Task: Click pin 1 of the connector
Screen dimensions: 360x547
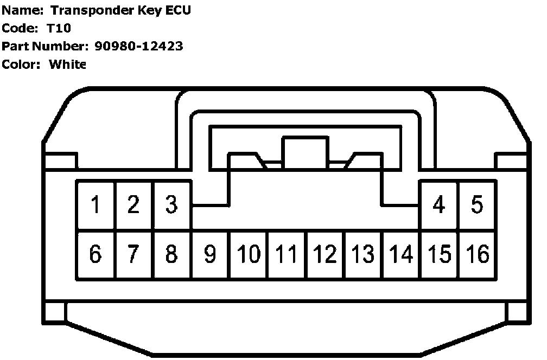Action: [96, 205]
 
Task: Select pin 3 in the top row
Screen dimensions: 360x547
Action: [171, 205]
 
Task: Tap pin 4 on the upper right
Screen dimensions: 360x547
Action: [439, 205]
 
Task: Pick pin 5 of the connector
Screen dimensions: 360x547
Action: [477, 205]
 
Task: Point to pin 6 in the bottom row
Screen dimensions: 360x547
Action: [96, 254]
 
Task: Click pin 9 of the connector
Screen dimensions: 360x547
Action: [210, 254]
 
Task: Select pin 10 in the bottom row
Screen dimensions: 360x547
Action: [249, 254]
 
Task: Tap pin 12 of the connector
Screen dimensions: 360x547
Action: [325, 254]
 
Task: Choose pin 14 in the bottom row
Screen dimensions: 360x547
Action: [401, 254]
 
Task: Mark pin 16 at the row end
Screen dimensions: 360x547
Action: [478, 254]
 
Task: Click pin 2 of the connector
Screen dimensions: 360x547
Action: [133, 205]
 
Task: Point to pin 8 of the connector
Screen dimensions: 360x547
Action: [171, 254]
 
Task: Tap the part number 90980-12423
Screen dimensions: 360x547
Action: [138, 46]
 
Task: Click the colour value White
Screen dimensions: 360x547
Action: [67, 65]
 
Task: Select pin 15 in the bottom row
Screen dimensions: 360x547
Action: [440, 254]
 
